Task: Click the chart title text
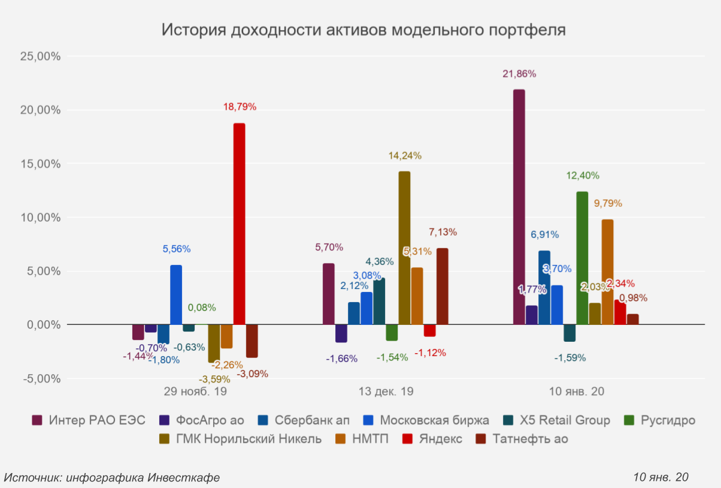pyautogui.click(x=363, y=30)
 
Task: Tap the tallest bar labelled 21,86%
pyautogui.click(x=519, y=207)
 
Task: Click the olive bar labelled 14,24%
pyautogui.click(x=404, y=248)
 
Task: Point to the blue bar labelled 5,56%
pyautogui.click(x=176, y=294)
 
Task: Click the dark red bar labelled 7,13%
pyautogui.click(x=443, y=286)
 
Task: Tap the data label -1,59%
pyautogui.click(x=569, y=358)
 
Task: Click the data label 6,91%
pyautogui.click(x=544, y=234)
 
